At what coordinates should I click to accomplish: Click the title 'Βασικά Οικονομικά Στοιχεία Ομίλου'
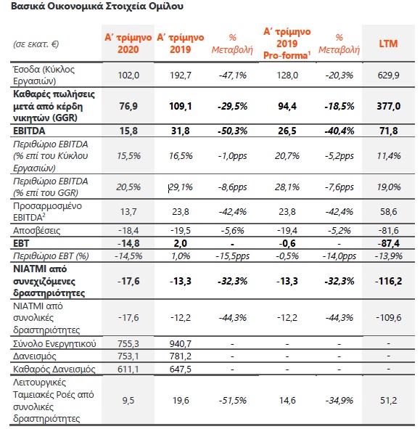(x=97, y=6)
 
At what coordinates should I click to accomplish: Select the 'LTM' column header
(x=388, y=44)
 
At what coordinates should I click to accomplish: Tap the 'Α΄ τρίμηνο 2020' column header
(x=128, y=44)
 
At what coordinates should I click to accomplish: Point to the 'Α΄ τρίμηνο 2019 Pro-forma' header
(x=287, y=44)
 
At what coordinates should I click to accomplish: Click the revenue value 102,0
(x=128, y=75)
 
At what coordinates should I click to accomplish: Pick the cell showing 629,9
(x=388, y=75)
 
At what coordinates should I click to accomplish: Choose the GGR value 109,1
(x=181, y=106)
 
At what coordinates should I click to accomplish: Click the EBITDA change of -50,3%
(x=232, y=131)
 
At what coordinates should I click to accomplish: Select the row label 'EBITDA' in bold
(x=29, y=131)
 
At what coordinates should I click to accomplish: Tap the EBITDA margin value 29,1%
(x=181, y=187)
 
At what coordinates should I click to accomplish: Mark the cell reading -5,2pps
(x=339, y=156)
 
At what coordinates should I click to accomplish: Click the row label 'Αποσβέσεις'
(x=37, y=231)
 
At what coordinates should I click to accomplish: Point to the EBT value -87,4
(x=389, y=243)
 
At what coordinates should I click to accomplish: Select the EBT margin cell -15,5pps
(x=232, y=256)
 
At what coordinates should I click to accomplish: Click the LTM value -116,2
(x=388, y=281)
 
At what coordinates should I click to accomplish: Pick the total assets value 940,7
(x=181, y=343)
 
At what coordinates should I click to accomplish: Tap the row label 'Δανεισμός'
(x=34, y=356)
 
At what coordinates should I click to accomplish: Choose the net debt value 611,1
(x=128, y=369)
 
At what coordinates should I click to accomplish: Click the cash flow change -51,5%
(x=232, y=401)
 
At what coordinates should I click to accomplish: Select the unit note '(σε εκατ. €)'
(x=36, y=44)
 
